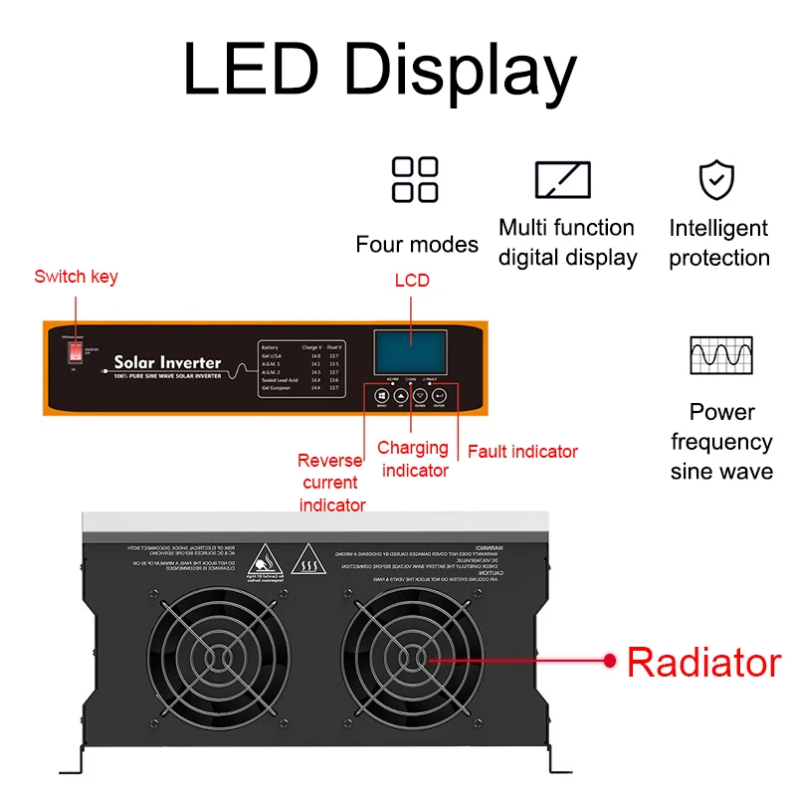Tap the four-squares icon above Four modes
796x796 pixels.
415,179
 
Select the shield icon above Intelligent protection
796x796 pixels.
716,179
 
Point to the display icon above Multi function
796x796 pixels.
563,179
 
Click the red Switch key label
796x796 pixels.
76,277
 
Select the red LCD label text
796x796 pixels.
411,281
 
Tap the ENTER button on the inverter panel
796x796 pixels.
439,397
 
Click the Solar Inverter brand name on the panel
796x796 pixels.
167,362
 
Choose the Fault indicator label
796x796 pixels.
522,452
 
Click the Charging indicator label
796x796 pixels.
415,460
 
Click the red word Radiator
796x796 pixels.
703,662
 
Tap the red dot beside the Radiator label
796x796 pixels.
611,659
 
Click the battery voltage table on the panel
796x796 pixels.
299,365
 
